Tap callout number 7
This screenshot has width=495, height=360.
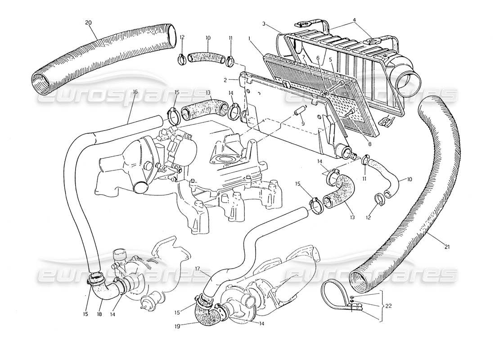coord(304,57)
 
